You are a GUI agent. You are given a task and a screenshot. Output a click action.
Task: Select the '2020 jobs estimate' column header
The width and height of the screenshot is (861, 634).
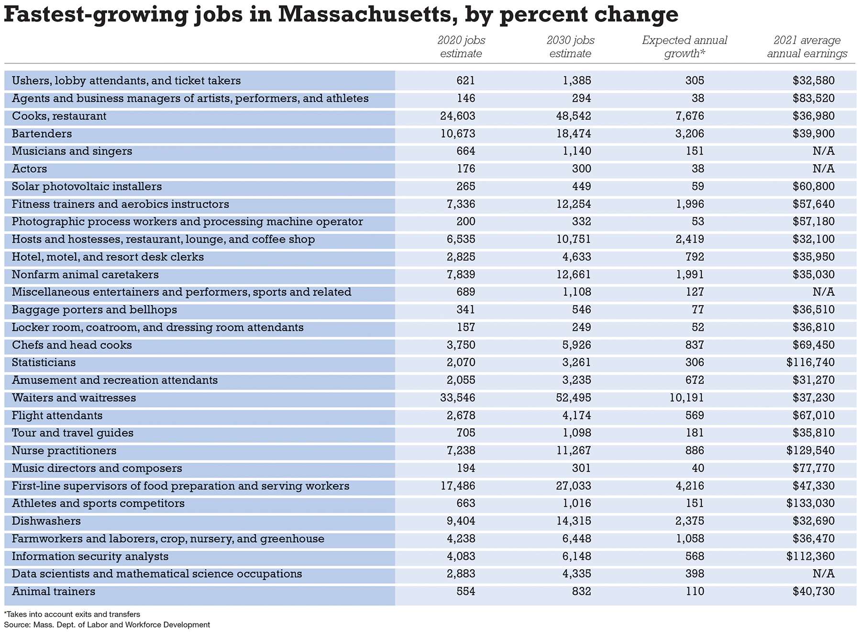(x=461, y=47)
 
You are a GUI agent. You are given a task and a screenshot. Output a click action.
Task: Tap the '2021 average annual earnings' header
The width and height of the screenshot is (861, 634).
(x=807, y=47)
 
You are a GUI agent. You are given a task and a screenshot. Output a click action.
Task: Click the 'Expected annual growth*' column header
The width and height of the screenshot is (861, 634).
(x=684, y=47)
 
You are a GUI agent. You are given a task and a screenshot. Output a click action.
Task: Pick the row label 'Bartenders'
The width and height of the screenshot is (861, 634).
(x=42, y=133)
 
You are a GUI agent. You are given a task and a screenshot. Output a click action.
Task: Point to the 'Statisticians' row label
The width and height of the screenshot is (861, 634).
(x=44, y=362)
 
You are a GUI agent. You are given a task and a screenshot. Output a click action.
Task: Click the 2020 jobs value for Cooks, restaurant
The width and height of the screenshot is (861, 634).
(x=458, y=116)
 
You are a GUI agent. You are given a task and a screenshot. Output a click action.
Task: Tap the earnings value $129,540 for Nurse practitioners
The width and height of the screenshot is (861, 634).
(x=810, y=451)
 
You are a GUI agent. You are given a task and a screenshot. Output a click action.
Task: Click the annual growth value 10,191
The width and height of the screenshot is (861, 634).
(x=687, y=398)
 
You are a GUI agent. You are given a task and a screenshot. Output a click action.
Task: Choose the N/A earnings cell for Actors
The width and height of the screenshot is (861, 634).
(x=823, y=169)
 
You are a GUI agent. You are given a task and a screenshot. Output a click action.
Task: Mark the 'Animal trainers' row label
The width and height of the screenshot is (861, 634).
(x=54, y=591)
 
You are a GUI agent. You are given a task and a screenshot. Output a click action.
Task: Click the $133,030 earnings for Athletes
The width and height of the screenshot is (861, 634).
(x=810, y=503)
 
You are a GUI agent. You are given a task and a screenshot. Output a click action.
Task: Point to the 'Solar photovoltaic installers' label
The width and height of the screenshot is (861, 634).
(x=87, y=187)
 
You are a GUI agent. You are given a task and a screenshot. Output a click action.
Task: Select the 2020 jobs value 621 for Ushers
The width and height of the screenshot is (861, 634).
(x=465, y=81)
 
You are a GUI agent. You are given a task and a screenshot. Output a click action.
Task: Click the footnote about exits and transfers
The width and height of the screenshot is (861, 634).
(x=72, y=614)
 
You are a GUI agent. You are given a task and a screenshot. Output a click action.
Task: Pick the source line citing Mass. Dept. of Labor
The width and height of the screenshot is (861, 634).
(x=107, y=624)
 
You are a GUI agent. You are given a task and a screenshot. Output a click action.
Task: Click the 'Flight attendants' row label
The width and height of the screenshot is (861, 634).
(x=57, y=415)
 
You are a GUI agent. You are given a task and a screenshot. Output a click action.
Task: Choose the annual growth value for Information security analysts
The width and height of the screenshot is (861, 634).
(x=695, y=556)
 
